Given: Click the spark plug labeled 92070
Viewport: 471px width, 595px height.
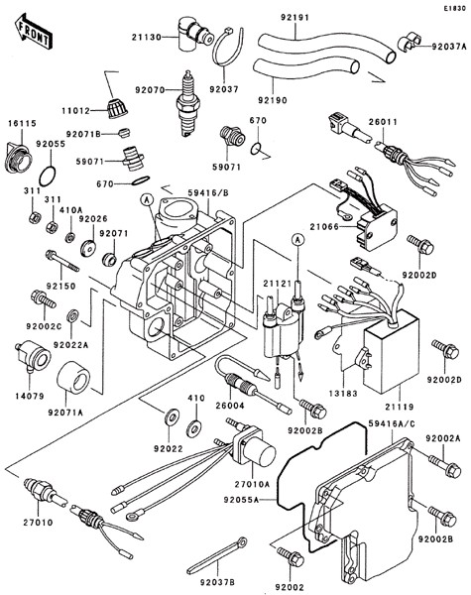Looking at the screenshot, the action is (x=187, y=103).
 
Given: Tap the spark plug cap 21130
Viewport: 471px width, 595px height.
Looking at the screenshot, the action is (x=193, y=33).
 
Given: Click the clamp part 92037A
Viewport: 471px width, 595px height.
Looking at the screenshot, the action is (x=410, y=43).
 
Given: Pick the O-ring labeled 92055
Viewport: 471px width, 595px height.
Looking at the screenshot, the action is (x=48, y=177).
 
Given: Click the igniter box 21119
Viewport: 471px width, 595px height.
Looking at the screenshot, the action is (x=391, y=351).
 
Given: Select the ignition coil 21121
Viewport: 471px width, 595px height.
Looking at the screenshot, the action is (x=285, y=325).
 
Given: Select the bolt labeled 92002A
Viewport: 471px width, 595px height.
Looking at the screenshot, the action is (x=445, y=465).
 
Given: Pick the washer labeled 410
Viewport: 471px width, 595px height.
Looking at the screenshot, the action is (x=194, y=427).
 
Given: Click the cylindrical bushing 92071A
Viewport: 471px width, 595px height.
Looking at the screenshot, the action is (x=73, y=376).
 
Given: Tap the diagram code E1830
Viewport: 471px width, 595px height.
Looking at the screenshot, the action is (x=455, y=8).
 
